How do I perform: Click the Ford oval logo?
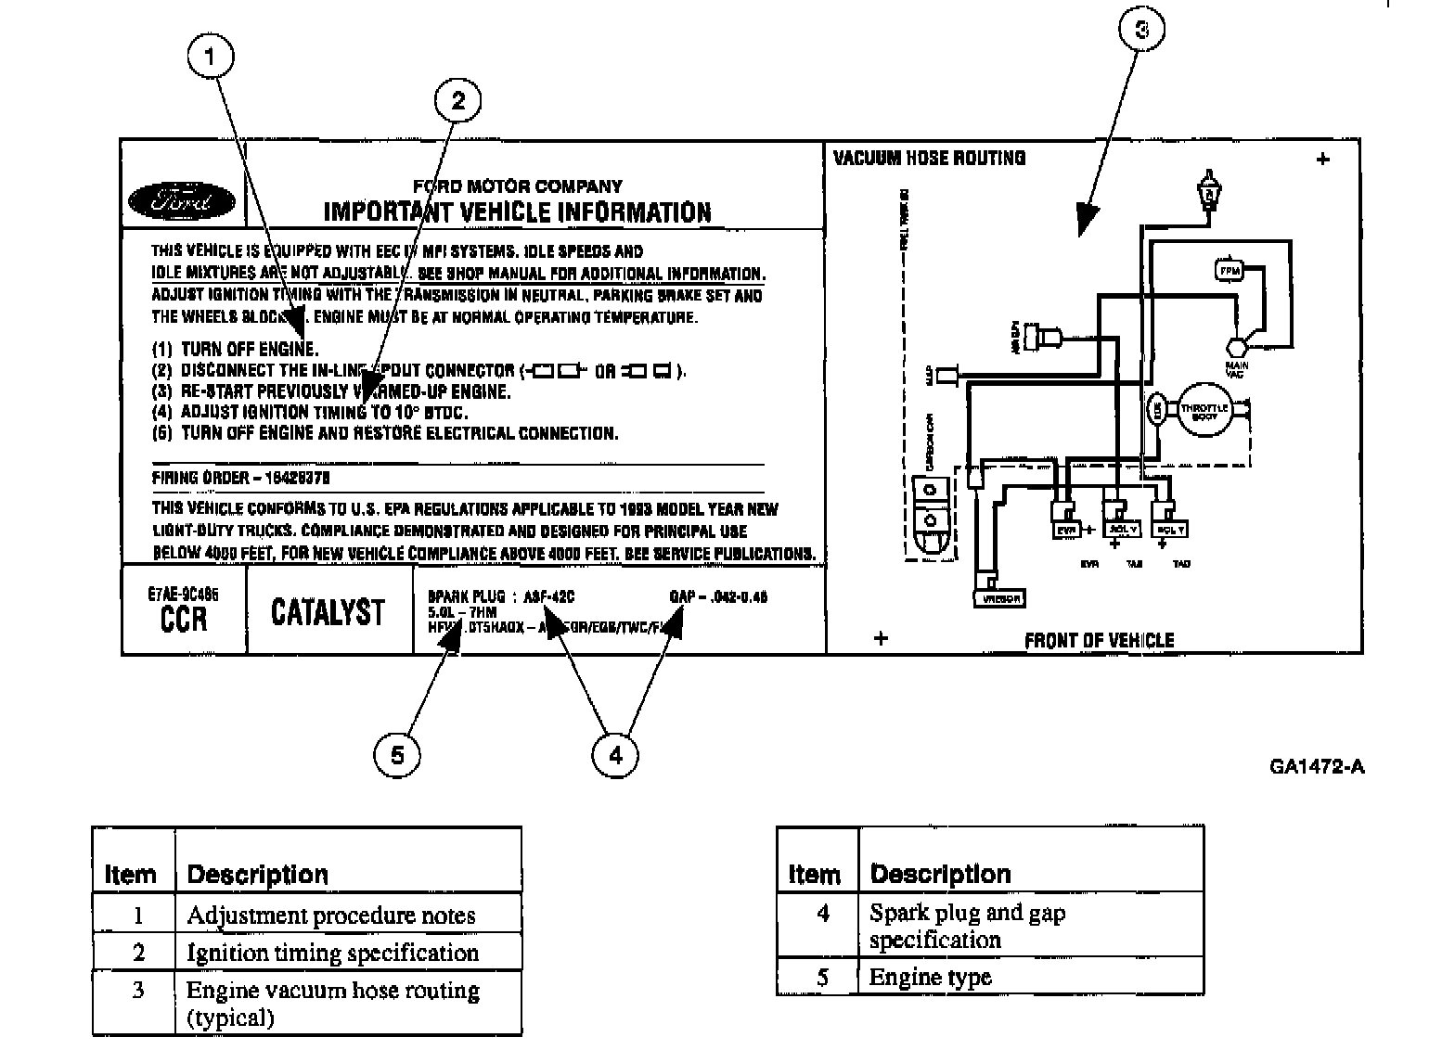[x=182, y=200]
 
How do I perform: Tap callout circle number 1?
[x=211, y=58]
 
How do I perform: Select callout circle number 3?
[x=1141, y=30]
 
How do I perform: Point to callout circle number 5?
[x=397, y=755]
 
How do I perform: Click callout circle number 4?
[x=615, y=755]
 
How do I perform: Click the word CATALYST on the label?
[x=328, y=612]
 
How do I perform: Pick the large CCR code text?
[x=184, y=618]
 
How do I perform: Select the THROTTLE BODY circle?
[x=1204, y=412]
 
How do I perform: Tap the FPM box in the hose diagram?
[x=1229, y=271]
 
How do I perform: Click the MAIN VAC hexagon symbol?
[x=1237, y=348]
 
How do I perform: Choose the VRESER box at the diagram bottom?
[x=998, y=598]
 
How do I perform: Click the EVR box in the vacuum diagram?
[x=1065, y=530]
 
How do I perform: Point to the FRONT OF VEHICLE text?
[x=1099, y=640]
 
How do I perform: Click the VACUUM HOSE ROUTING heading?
[x=929, y=158]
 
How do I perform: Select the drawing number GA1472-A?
[x=1317, y=766]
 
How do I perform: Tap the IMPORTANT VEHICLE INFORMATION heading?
[x=517, y=212]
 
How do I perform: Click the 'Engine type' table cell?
[x=931, y=977]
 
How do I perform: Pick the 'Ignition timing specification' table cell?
[x=332, y=953]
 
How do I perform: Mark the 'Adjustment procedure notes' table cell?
[x=330, y=916]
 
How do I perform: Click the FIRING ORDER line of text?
[x=241, y=478]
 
